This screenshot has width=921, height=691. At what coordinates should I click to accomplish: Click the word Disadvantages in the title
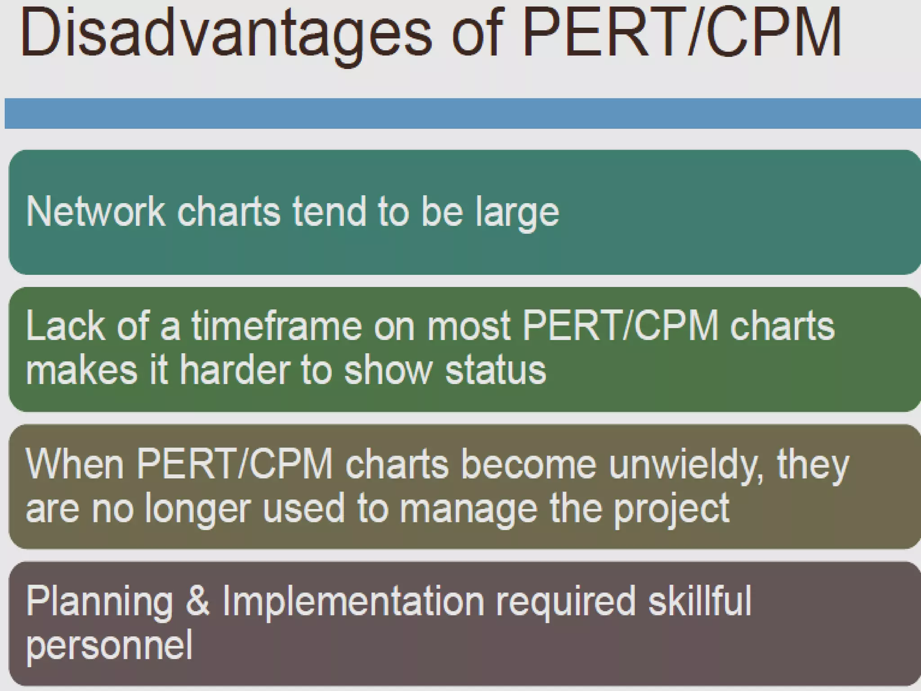tap(225, 34)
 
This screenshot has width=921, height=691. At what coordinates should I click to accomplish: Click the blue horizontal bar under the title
tap(462, 113)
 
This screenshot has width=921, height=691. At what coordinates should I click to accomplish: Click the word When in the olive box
tap(75, 464)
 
